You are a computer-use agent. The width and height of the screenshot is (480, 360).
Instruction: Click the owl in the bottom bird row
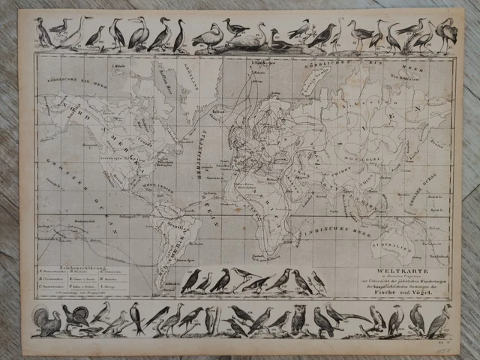point(298,319)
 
